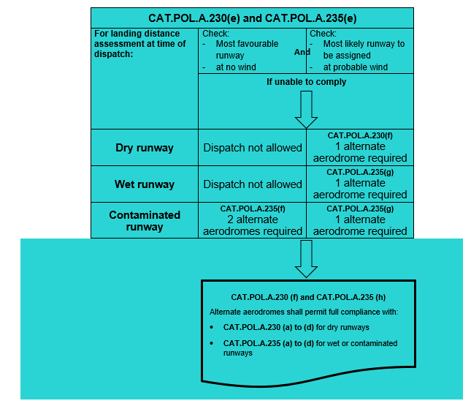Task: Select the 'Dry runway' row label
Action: coord(145,148)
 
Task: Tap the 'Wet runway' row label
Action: coord(145,184)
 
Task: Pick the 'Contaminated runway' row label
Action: coord(145,221)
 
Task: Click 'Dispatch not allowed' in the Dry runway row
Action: coord(253,148)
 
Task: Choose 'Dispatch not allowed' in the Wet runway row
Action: coord(253,184)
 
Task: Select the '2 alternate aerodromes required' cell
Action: coord(253,225)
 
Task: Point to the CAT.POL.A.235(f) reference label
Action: coord(253,209)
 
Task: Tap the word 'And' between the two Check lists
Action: coord(302,53)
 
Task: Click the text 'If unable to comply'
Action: coord(306,82)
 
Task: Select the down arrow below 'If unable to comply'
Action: coord(306,110)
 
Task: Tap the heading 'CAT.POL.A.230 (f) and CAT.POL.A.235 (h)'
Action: coord(308,298)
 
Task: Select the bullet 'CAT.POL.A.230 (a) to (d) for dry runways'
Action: coord(296,327)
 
